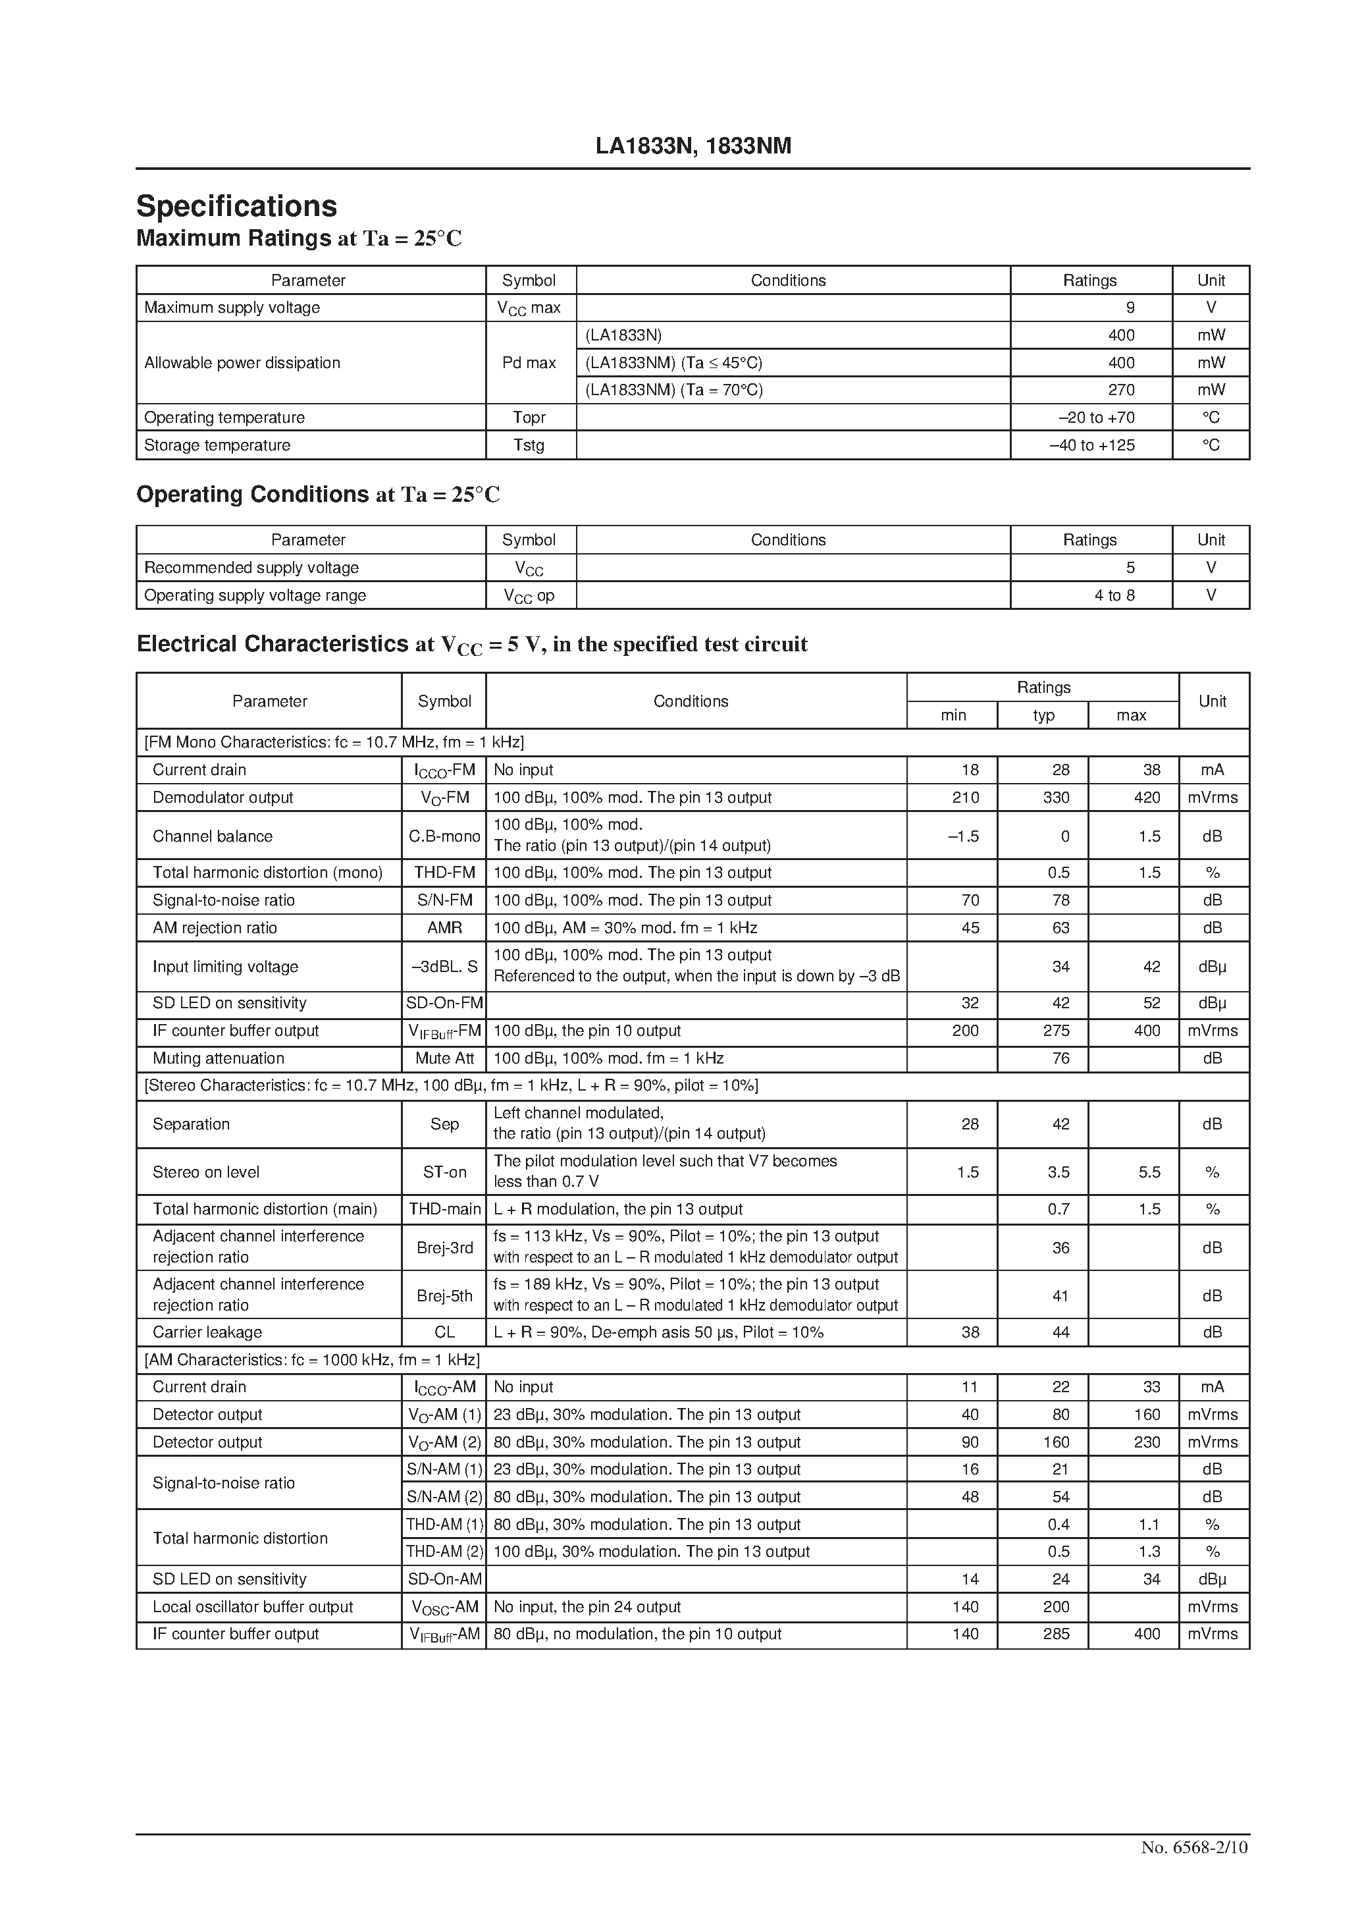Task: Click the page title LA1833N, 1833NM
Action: [693, 147]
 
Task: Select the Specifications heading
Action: [237, 206]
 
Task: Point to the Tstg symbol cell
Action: [529, 445]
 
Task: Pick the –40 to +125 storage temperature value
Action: [1092, 445]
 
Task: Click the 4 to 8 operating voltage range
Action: [1114, 595]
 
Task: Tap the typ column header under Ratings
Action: [1043, 715]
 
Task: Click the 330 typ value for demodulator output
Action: [1056, 798]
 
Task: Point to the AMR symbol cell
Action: [445, 927]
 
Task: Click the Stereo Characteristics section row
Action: [452, 1085]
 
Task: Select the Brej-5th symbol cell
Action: [445, 1295]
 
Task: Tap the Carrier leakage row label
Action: [207, 1332]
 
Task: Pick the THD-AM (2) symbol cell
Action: [445, 1551]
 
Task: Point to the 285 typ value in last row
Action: [1056, 1633]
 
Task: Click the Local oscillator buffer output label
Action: [252, 1606]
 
